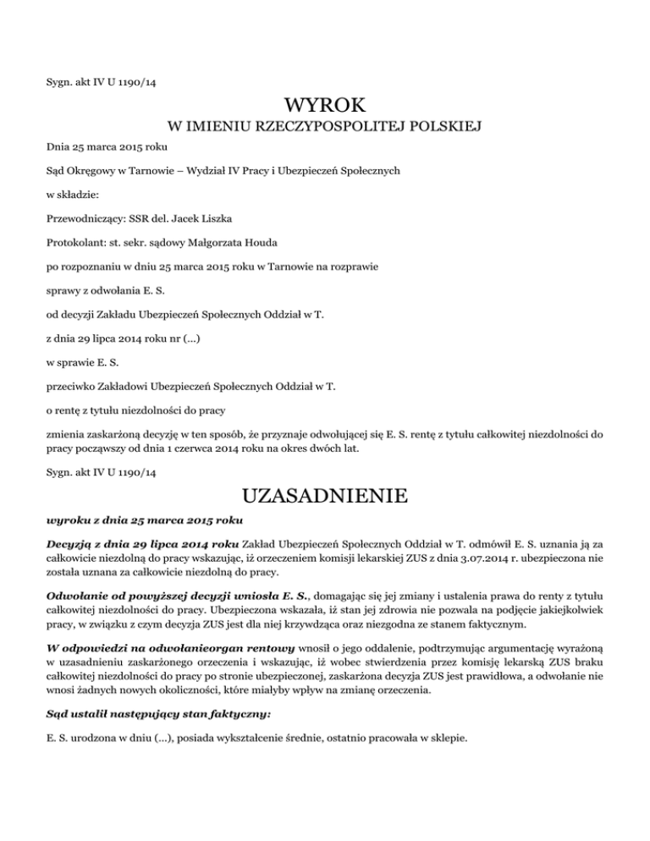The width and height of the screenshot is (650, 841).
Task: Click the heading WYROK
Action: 325,107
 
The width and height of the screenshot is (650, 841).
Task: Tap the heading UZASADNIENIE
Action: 325,491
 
